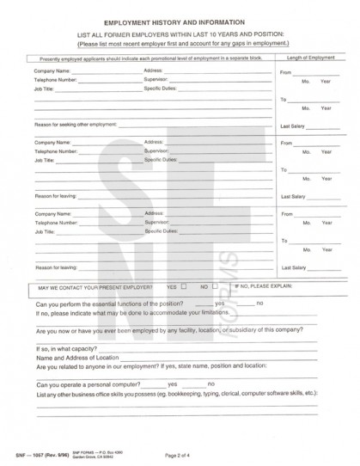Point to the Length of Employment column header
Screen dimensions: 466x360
(x=310, y=58)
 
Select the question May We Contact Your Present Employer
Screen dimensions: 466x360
(x=95, y=285)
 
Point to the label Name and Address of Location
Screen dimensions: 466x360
(x=77, y=358)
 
